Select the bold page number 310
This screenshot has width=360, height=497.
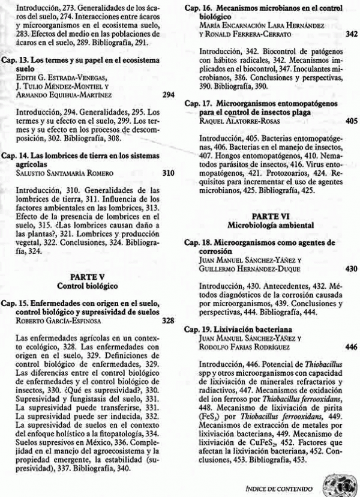[169, 173]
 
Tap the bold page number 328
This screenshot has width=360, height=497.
[169, 321]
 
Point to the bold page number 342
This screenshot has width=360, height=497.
[352, 35]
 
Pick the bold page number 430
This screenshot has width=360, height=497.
[352, 268]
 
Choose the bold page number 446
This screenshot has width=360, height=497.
[352, 346]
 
